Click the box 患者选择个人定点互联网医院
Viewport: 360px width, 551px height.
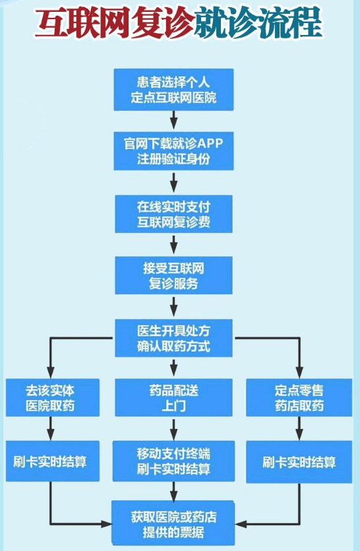coord(173,90)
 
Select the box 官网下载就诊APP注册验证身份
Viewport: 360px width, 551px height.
coord(173,151)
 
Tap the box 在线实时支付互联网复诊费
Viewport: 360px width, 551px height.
coord(173,214)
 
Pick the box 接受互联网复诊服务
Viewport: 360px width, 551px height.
coord(173,276)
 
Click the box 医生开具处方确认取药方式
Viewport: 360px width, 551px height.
coord(173,338)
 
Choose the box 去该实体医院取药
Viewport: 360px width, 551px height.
coord(53,398)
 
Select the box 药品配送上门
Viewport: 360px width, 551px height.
coord(173,398)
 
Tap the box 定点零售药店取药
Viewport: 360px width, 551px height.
coord(299,398)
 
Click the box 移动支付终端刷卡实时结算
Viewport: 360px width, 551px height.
coord(173,461)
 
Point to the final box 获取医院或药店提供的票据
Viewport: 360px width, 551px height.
coord(173,523)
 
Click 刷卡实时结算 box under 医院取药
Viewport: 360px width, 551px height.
coord(53,461)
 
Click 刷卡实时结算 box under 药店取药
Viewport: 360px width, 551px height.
coord(299,462)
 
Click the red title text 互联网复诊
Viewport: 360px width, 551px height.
coord(115,24)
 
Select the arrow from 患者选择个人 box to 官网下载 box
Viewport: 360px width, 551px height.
coord(173,120)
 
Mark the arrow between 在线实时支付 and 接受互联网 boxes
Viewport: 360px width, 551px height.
coord(173,244)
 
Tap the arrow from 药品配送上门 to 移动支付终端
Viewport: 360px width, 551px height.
coord(173,429)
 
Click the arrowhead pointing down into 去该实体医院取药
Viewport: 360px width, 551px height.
coord(51,372)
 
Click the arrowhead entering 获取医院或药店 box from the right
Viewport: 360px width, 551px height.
coord(241,524)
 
